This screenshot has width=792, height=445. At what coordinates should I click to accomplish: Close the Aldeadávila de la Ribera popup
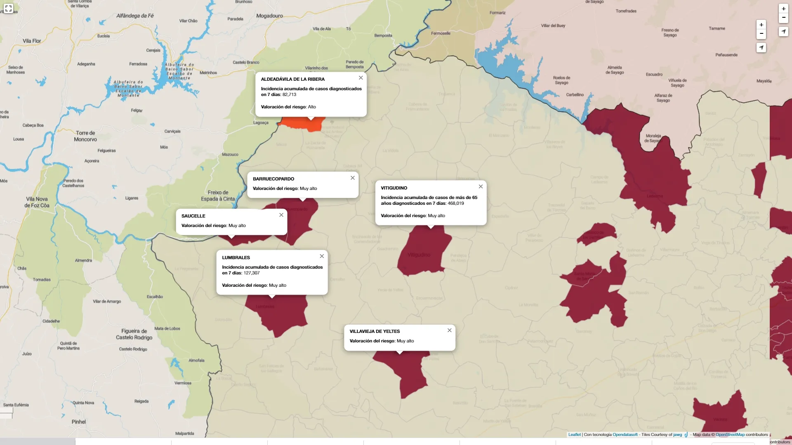coord(361,78)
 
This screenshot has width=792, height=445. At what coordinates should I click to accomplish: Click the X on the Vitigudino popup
coord(481,187)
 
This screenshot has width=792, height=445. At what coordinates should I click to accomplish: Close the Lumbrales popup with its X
coord(322,256)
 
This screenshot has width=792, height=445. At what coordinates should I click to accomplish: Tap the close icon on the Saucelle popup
coord(281,215)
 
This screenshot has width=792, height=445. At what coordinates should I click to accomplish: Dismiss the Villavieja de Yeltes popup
coord(450,330)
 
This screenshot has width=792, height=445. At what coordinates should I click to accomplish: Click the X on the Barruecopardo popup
coord(353,178)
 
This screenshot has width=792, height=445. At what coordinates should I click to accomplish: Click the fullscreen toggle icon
coord(8,8)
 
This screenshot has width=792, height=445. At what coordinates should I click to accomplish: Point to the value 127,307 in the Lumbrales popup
coord(252,273)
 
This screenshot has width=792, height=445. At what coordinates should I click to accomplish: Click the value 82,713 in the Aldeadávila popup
coord(289,94)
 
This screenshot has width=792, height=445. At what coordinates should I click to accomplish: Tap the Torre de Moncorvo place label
coord(85,136)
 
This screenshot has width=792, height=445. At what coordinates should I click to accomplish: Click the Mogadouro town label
coord(269,16)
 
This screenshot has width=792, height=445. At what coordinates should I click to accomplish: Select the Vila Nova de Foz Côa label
coord(37,202)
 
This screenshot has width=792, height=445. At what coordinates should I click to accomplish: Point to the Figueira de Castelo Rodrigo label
coord(134,334)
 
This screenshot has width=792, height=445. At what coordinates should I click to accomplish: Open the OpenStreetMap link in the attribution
coord(730,434)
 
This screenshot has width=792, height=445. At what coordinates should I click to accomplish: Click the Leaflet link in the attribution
coord(574,434)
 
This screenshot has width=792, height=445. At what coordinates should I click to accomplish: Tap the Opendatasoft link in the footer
coord(625,434)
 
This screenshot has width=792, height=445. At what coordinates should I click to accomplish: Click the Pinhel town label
coord(79,422)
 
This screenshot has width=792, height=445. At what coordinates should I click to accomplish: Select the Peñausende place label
coord(726,55)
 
